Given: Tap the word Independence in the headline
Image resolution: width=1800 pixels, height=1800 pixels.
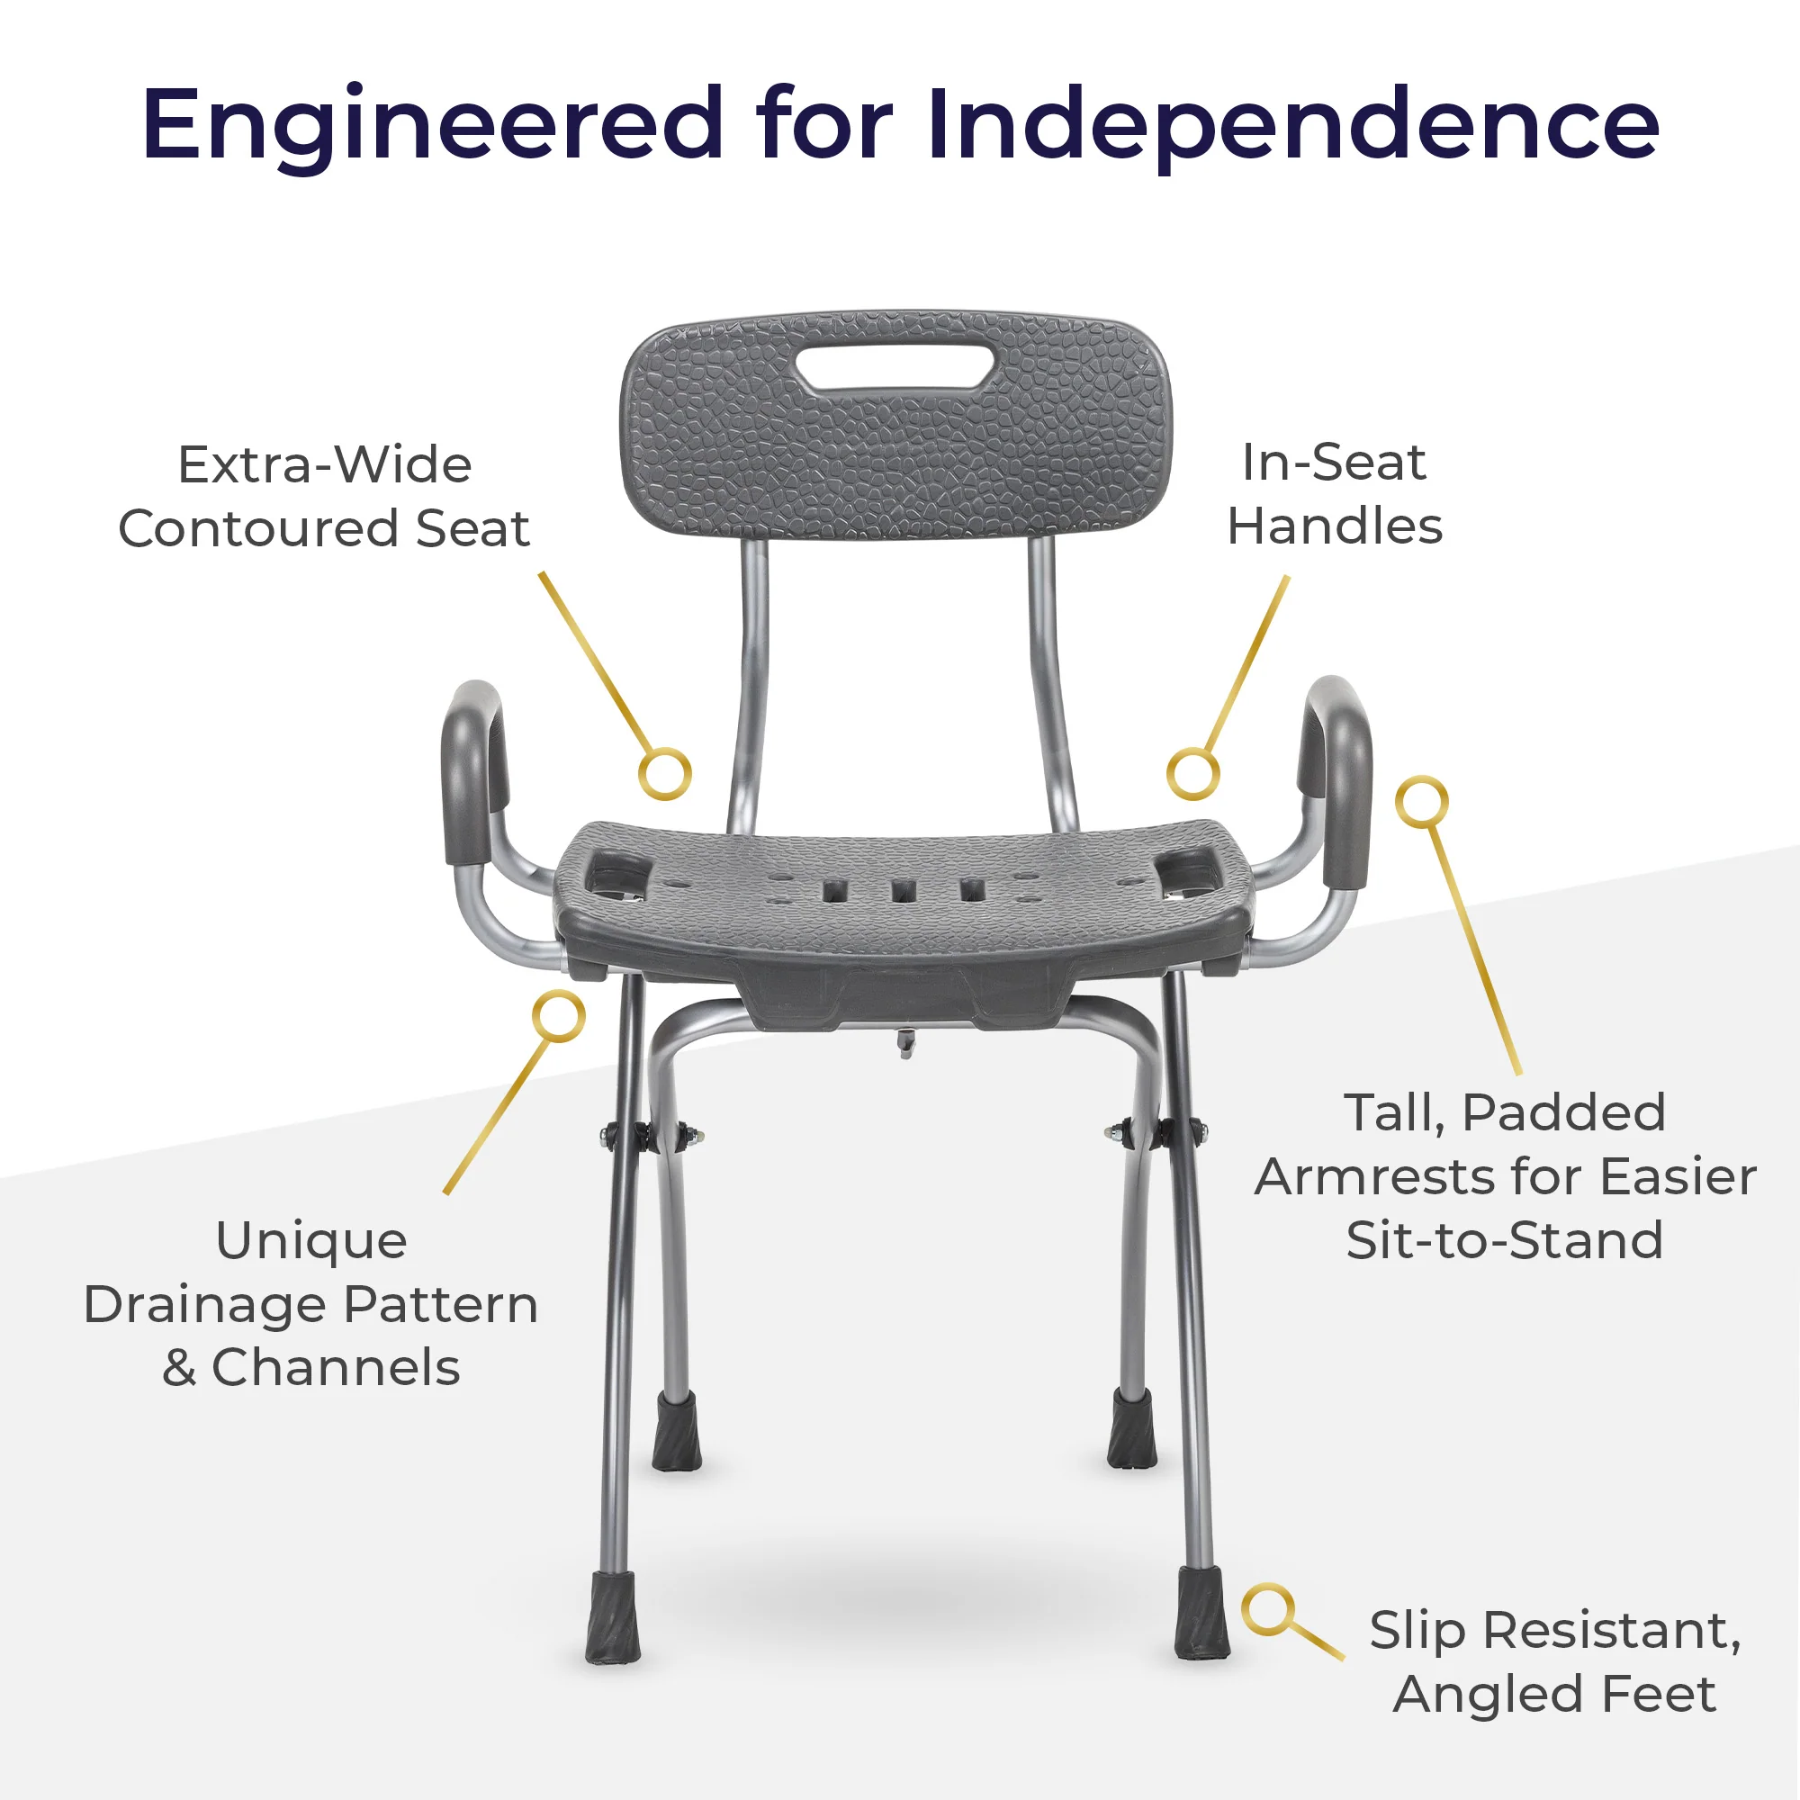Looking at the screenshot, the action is [1293, 124].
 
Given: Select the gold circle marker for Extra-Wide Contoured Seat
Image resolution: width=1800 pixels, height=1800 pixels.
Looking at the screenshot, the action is [665, 773].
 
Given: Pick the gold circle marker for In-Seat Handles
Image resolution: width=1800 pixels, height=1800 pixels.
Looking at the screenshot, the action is [1193, 772].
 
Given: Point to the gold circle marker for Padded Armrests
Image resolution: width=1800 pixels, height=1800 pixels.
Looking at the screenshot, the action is [1422, 801].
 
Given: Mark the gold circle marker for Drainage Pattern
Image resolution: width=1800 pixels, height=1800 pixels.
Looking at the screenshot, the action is [559, 1015].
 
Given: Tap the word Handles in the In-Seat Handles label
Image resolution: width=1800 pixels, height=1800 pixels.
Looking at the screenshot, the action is [1335, 526].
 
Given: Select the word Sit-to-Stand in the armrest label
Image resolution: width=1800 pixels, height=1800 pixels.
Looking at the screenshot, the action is [1505, 1240].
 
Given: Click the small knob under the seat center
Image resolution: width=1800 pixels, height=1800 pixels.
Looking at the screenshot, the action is [904, 1043].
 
